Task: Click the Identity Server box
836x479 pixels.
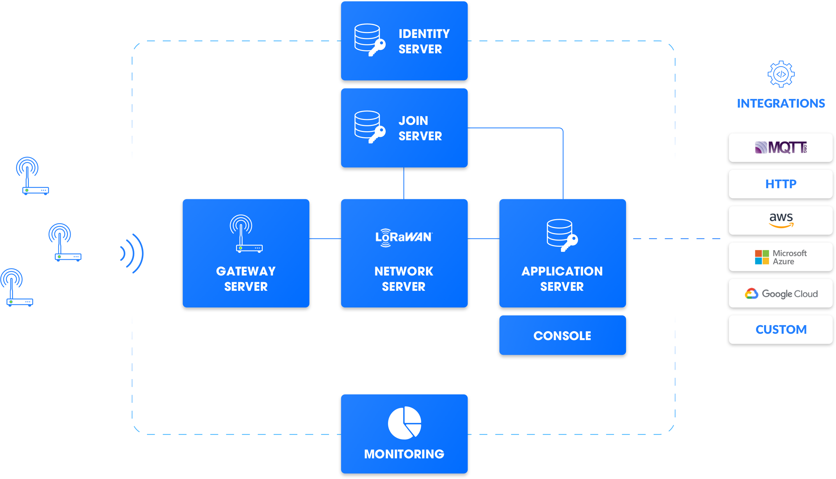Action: click(404, 41)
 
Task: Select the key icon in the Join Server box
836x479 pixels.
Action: click(377, 134)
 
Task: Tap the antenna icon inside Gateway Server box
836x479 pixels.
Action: click(246, 234)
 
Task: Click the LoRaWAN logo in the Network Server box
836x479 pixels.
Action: click(404, 238)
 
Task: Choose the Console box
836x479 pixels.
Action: click(562, 335)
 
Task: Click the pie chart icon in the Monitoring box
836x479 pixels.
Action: click(404, 423)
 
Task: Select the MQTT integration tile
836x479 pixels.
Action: click(780, 148)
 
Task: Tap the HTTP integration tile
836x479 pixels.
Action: click(780, 184)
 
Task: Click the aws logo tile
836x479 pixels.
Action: click(780, 220)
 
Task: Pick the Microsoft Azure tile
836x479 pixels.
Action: click(780, 257)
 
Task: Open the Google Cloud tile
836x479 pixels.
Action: click(780, 293)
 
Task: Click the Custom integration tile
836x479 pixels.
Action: click(780, 329)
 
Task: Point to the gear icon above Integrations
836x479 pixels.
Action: click(781, 74)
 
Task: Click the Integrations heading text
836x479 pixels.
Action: click(781, 104)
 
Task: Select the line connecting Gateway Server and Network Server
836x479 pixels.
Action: click(325, 239)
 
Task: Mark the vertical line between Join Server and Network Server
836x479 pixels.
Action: click(404, 183)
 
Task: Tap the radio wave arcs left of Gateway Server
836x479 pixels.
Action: click(133, 253)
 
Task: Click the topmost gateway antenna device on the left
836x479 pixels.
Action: click(32, 176)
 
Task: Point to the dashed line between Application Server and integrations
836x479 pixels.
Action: click(677, 239)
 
